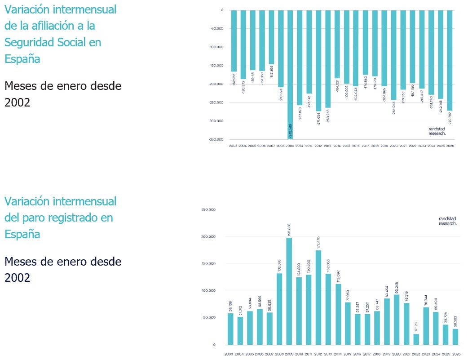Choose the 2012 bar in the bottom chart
318,297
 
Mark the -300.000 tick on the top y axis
217,121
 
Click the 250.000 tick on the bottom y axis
209,210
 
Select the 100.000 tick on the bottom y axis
209,291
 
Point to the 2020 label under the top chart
393,146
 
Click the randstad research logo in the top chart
437,131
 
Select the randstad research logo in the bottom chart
447,221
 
